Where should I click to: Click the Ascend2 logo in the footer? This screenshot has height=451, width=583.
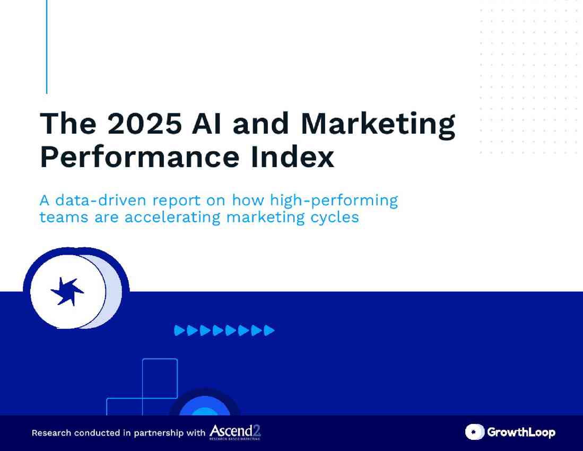pyautogui.click(x=235, y=432)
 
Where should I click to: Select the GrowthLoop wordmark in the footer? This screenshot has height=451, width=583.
pyautogui.click(x=521, y=432)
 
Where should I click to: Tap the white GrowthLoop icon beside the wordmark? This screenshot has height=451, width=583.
pyautogui.click(x=474, y=432)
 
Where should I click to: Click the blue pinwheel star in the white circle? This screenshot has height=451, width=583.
pyautogui.click(x=67, y=292)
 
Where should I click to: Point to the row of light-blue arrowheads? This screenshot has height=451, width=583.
pyautogui.click(x=224, y=331)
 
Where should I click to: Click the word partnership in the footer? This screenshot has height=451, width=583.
pyautogui.click(x=158, y=433)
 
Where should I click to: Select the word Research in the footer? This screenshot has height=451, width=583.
pyautogui.click(x=51, y=432)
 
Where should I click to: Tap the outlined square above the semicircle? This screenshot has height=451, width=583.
pyautogui.click(x=160, y=378)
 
